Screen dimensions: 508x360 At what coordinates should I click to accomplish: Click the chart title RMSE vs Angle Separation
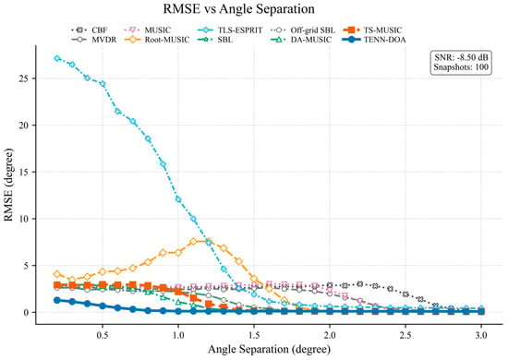pyautogui.click(x=239, y=8)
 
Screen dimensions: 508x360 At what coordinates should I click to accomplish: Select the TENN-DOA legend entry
pyautogui.click(x=374, y=40)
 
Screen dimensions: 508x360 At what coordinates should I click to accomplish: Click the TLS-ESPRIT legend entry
pyautogui.click(x=230, y=30)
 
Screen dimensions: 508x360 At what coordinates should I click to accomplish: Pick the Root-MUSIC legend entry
pyautogui.click(x=157, y=40)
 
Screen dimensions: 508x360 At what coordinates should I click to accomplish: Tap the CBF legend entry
pyautogui.click(x=89, y=30)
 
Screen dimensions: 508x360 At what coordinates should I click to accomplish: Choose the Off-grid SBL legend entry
pyautogui.click(x=303, y=30)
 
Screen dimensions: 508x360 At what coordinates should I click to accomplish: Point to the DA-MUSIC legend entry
pyautogui.click(x=301, y=40)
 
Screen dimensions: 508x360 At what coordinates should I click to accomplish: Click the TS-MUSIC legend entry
pyautogui.click(x=372, y=30)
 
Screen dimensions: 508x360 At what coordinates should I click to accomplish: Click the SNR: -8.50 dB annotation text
pyautogui.click(x=461, y=57)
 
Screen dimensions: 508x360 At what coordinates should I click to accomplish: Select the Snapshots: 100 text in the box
pyautogui.click(x=461, y=67)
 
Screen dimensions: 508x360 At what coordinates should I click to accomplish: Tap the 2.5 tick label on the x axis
pyautogui.click(x=405, y=335)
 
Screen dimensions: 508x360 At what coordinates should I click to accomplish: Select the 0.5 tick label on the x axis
pyautogui.click(x=103, y=335)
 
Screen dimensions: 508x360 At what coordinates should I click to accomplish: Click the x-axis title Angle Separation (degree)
pyautogui.click(x=269, y=349)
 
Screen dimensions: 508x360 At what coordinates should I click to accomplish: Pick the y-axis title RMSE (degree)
pyautogui.click(x=8, y=185)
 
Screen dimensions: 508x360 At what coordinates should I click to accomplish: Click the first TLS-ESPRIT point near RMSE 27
pyautogui.click(x=57, y=58)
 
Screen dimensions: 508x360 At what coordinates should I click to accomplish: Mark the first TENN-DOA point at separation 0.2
pyautogui.click(x=57, y=300)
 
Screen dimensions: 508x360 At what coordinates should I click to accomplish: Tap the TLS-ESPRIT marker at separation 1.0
pyautogui.click(x=178, y=199)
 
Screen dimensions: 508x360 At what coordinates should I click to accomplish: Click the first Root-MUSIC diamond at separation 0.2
pyautogui.click(x=57, y=274)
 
